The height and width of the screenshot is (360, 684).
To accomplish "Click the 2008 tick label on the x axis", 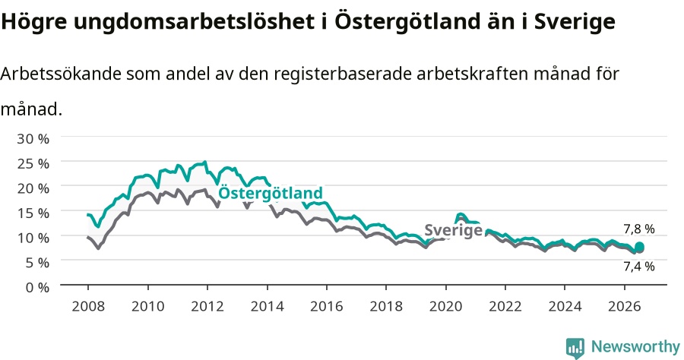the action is [88, 306].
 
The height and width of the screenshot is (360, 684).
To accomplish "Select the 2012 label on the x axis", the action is [207, 306].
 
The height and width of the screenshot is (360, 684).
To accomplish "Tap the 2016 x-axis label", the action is [326, 306].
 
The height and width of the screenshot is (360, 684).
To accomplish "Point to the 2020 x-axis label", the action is [445, 306].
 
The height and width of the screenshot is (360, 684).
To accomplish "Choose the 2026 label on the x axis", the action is [624, 306].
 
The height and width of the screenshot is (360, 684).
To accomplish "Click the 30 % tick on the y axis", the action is [33, 138].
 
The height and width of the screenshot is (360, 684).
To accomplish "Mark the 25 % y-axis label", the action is [33, 163].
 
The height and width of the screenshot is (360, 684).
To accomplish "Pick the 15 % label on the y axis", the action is [33, 213].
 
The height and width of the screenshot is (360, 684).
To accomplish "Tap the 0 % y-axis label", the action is [37, 287].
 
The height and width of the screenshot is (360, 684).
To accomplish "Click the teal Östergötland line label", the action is [271, 192].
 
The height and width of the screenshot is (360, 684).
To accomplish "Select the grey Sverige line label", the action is [453, 229].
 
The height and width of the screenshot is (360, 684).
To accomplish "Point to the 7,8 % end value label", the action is [639, 229].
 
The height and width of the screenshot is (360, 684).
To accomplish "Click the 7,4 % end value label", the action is [639, 267].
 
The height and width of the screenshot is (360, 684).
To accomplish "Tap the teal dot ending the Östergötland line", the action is [639, 247].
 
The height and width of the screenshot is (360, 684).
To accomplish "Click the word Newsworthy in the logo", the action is [635, 346].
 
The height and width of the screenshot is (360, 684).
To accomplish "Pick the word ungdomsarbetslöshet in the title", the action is [193, 21].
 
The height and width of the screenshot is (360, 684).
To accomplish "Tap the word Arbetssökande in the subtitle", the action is [61, 74].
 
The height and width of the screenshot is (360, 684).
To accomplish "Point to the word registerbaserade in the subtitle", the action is [343, 74].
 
